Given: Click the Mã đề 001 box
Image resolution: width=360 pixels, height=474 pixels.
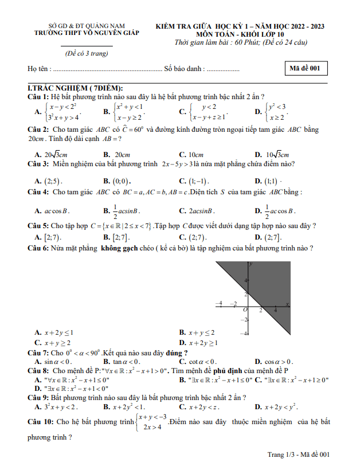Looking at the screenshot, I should pos(307,69).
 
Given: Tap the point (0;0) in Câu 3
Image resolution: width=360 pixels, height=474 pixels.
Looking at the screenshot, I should pos(119,180).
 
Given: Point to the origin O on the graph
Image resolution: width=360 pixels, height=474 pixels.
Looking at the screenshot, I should pos(245,309).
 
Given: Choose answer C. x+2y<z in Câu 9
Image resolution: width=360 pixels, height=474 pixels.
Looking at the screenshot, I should pos(198,407).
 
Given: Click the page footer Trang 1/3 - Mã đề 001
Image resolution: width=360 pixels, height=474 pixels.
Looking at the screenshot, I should pos(299,455).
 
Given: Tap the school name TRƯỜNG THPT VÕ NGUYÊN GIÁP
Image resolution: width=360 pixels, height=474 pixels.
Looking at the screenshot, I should pos(87,33).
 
